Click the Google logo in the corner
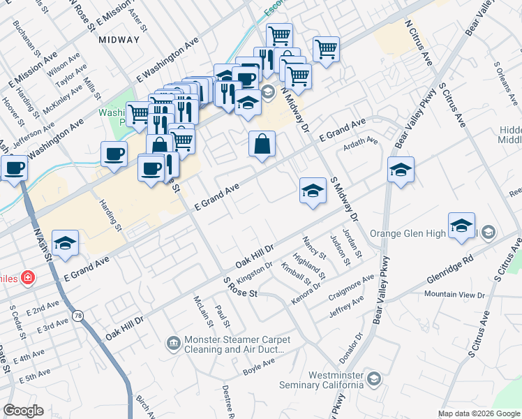[x=23, y=411]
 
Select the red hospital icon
[x=27, y=278]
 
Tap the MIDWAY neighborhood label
[x=119, y=40]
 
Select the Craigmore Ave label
[x=351, y=288]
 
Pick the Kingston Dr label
[x=255, y=269]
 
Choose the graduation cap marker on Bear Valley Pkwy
[x=401, y=170]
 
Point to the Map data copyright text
[x=478, y=413]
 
